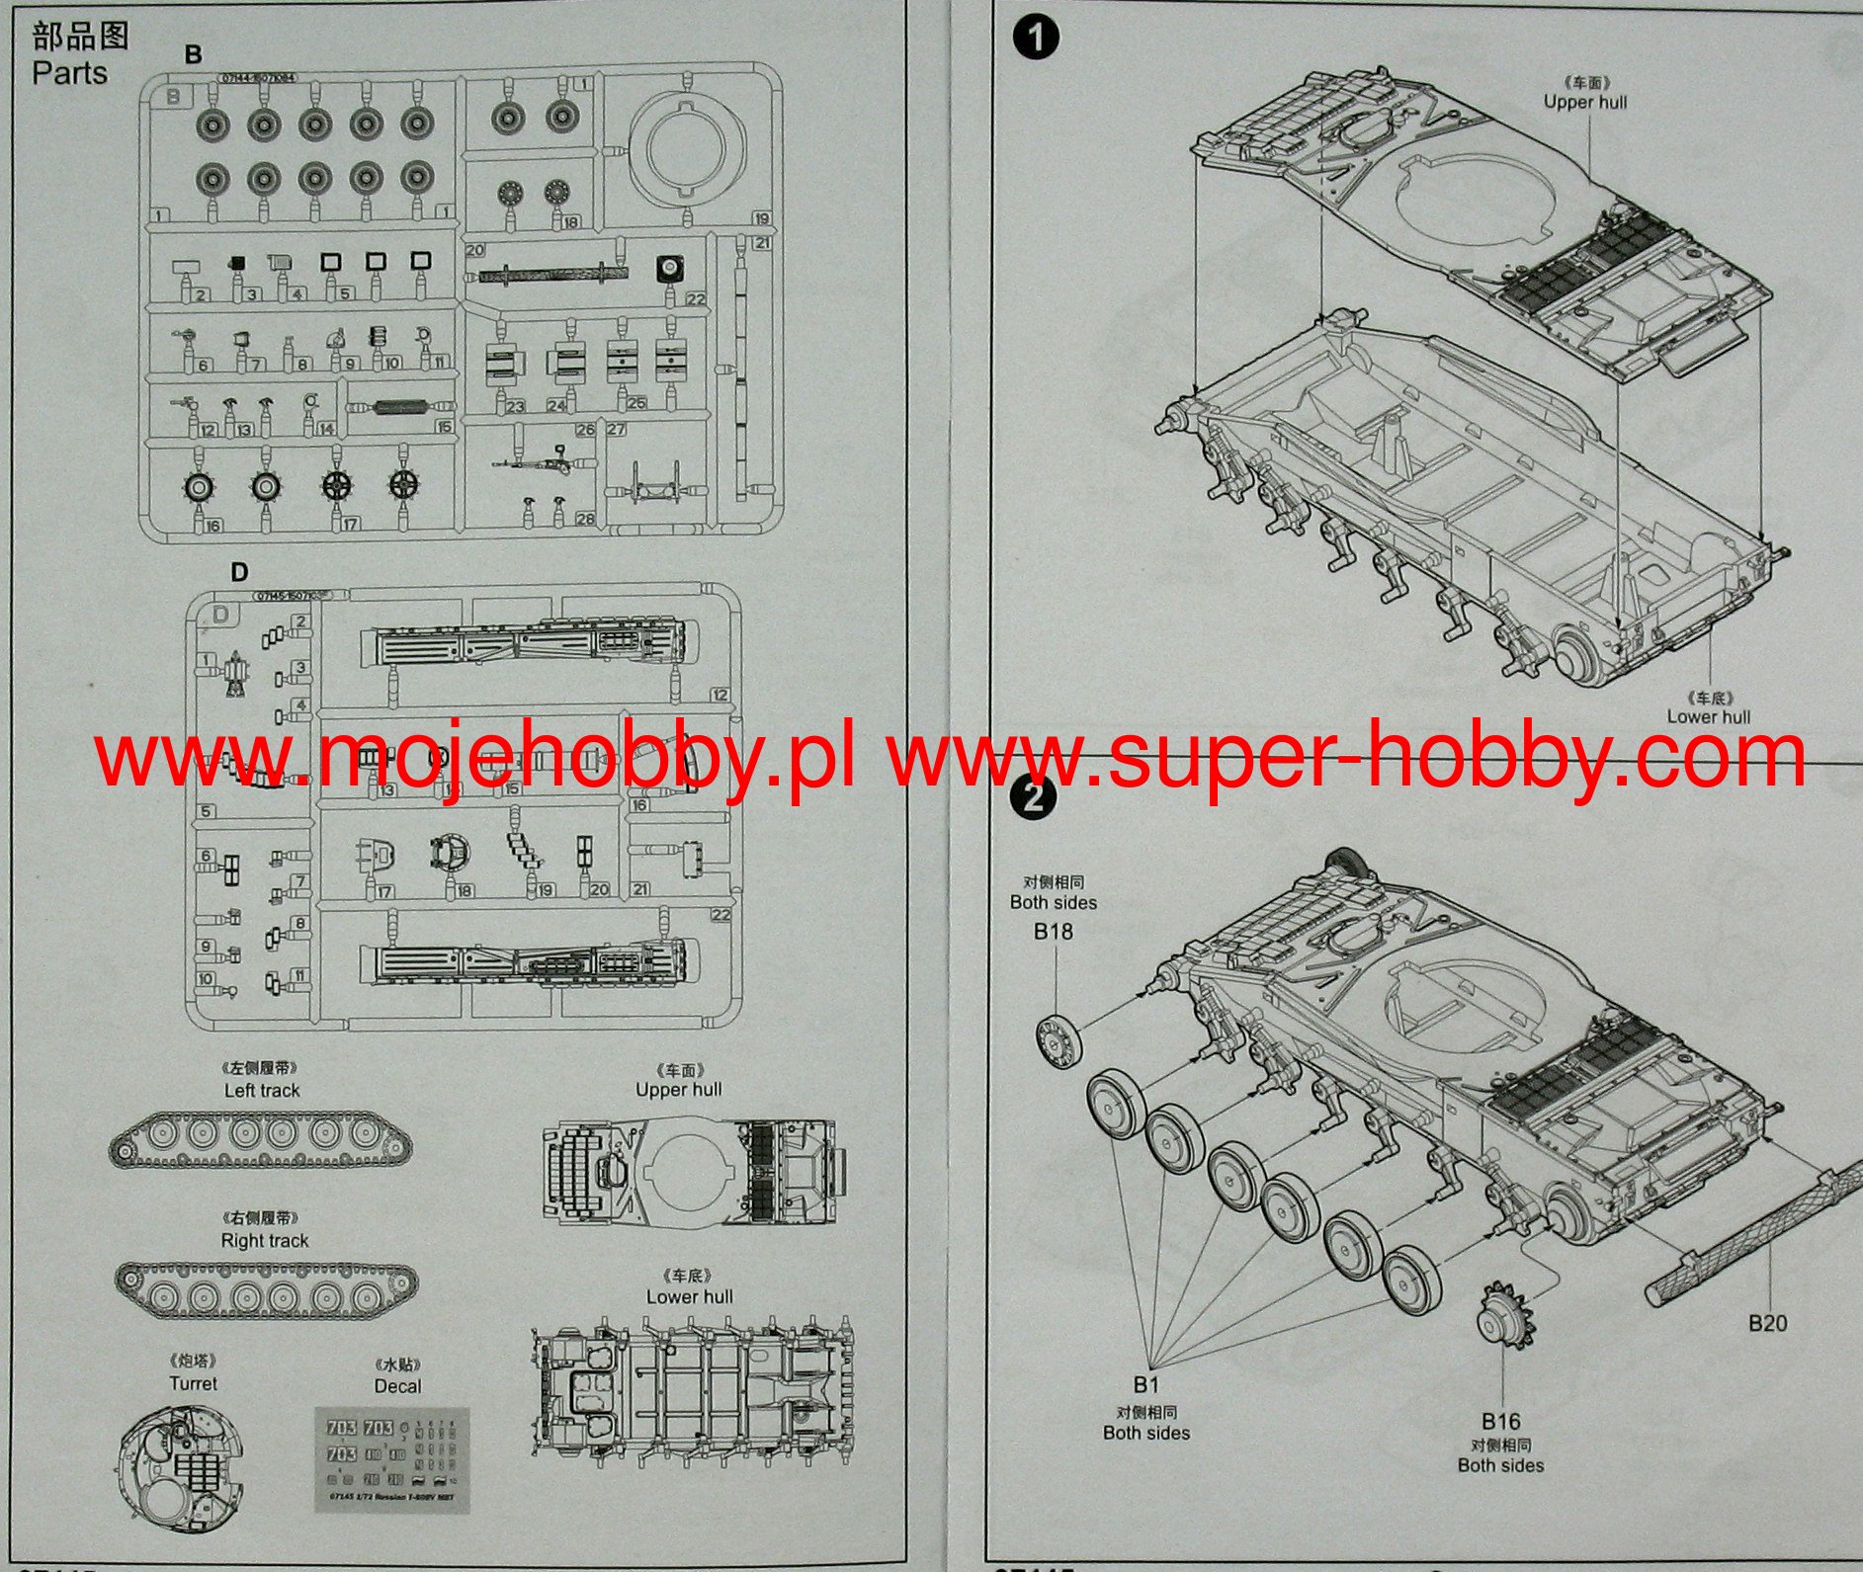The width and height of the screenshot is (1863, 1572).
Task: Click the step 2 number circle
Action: [x=1034, y=794]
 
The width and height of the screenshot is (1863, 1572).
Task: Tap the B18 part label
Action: [x=1053, y=931]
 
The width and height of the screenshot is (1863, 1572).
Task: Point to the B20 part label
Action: [x=1767, y=1322]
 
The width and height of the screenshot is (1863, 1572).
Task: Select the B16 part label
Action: [x=1500, y=1421]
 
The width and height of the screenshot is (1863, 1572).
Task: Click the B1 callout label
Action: [x=1145, y=1384]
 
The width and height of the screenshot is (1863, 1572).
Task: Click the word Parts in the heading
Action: [x=69, y=73]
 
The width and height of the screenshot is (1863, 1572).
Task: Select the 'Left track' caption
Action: [x=261, y=1090]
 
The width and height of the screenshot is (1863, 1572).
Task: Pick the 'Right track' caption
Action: [x=264, y=1240]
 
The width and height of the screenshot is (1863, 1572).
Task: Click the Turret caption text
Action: [x=193, y=1383]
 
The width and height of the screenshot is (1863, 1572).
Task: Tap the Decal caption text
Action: [x=397, y=1386]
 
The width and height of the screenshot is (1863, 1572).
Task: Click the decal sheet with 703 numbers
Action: [x=391, y=1457]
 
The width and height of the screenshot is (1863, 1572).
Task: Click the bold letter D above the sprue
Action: [x=239, y=572]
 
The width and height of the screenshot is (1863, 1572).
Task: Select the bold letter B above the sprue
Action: [x=193, y=55]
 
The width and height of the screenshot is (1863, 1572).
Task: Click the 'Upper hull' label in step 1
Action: [x=1584, y=102]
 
